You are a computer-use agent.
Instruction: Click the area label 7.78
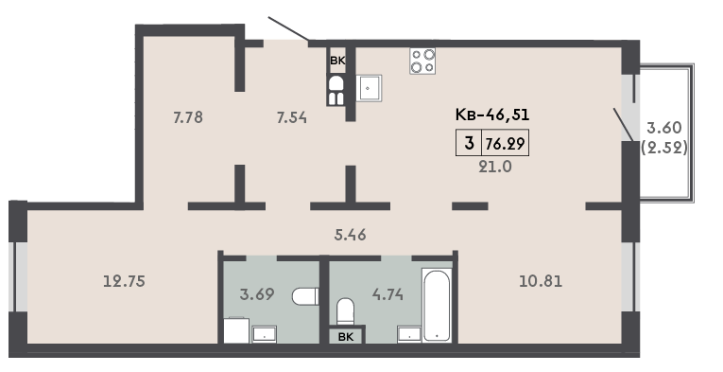pos(188,117)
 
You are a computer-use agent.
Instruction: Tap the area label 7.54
pos(292,118)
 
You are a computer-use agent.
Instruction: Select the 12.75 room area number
pos(124,280)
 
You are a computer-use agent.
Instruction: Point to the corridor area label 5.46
pos(351,235)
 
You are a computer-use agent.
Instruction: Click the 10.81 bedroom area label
pos(541,280)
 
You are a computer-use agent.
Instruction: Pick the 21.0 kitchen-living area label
pos(495,167)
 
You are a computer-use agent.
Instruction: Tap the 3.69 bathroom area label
pos(257,293)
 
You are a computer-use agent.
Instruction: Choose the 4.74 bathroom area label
pos(387,293)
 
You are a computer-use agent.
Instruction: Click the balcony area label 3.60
pos(664,127)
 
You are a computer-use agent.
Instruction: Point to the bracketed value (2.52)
pos(665,148)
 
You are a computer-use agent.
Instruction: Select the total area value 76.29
pos(505,144)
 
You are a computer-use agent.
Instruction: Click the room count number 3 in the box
pos(470,144)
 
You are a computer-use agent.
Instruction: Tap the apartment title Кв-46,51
pos(492,114)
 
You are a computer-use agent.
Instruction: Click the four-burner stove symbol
pos(422,61)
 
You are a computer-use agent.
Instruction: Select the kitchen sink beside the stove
pos(369,88)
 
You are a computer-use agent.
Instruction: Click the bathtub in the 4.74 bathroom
pos(437,306)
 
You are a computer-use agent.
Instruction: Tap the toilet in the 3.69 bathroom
pos(305,296)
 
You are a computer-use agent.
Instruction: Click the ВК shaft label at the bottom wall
pos(346,337)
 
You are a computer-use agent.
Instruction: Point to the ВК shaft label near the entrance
pos(337,60)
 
